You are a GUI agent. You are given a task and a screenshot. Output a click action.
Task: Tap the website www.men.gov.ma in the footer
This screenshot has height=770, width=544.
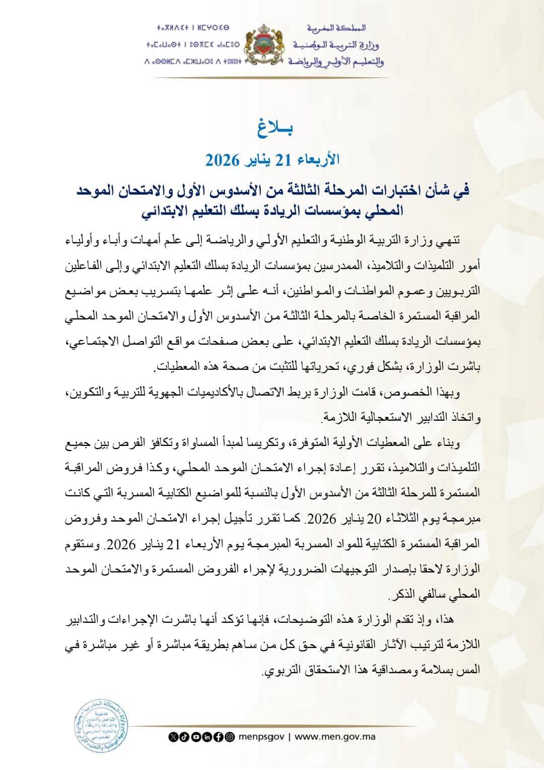pos(335,737)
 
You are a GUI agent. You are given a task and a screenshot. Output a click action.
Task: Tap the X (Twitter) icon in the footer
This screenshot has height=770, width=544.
pos(174,737)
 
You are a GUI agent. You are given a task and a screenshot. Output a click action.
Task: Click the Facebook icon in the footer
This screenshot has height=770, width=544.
pos(219,737)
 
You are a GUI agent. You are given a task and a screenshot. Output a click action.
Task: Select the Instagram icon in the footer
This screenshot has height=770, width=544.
pos(230,737)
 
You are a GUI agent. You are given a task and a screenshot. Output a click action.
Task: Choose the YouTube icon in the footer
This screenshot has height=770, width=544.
pos(196,737)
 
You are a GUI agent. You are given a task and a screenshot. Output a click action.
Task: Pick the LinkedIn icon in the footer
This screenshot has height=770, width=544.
pos(208,737)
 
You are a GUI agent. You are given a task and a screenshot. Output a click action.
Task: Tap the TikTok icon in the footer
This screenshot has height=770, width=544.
pos(185,737)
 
